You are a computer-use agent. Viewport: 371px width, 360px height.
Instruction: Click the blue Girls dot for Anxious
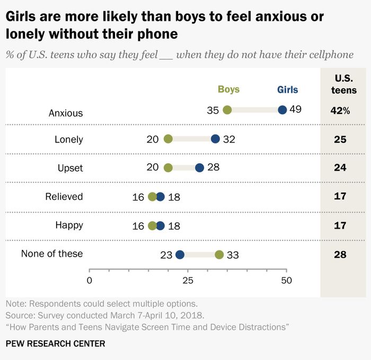[x=282, y=110]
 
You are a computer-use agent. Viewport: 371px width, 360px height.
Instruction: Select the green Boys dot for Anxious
[x=227, y=110]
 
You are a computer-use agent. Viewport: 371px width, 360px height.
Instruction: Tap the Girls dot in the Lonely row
[x=215, y=139]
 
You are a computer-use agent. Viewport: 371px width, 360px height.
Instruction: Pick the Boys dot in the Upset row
[x=168, y=168]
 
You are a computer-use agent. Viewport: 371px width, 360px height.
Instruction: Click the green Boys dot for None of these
[x=219, y=254]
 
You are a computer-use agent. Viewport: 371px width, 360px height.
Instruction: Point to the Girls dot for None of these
[x=180, y=254]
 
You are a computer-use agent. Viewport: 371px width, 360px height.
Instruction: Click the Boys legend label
[x=228, y=90]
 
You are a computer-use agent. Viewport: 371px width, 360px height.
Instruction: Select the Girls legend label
[x=287, y=90]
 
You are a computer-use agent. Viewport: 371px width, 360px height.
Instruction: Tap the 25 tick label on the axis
[x=188, y=280]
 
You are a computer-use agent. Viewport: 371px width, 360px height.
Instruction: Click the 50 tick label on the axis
[x=287, y=280]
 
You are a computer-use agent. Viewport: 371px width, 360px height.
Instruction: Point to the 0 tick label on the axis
[x=90, y=280]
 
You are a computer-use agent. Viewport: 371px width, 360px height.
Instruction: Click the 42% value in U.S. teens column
[x=340, y=110]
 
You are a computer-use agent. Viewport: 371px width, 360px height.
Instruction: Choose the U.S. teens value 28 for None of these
[x=340, y=254]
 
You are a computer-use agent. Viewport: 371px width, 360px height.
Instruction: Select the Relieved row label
[x=64, y=197]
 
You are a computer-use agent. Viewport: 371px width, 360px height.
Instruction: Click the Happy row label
[x=69, y=225]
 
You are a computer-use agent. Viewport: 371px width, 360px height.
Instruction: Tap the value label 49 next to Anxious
[x=296, y=109]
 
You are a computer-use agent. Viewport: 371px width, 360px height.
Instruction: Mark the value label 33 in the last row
[x=233, y=255]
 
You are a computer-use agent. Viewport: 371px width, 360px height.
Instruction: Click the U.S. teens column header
[x=344, y=84]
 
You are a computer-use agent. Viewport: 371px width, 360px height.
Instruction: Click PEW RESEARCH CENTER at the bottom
[x=55, y=344]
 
